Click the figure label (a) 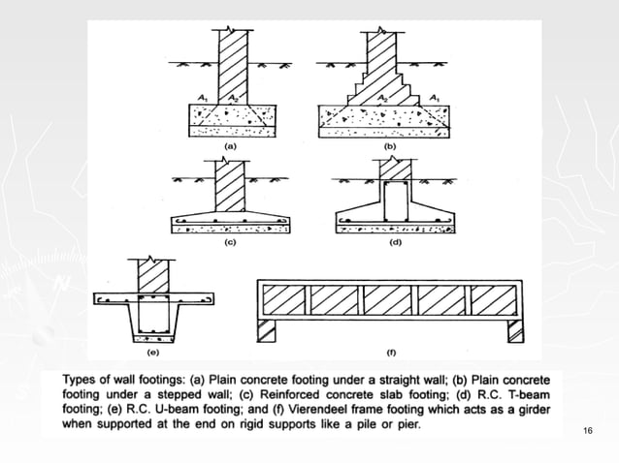click(231, 145)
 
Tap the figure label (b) click(390, 145)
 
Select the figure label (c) click(231, 242)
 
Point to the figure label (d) click(395, 242)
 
